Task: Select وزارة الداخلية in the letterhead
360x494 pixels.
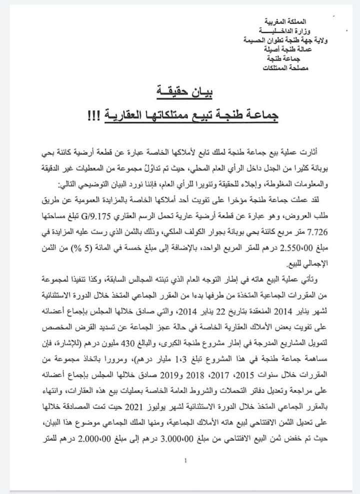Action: coord(286,31)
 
